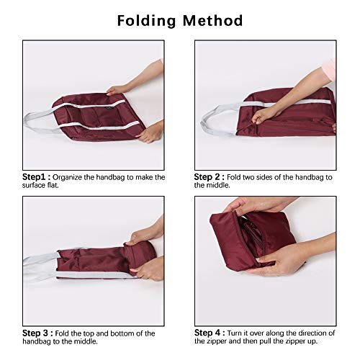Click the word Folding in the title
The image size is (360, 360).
coord(148,20)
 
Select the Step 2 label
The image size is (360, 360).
coord(210,176)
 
